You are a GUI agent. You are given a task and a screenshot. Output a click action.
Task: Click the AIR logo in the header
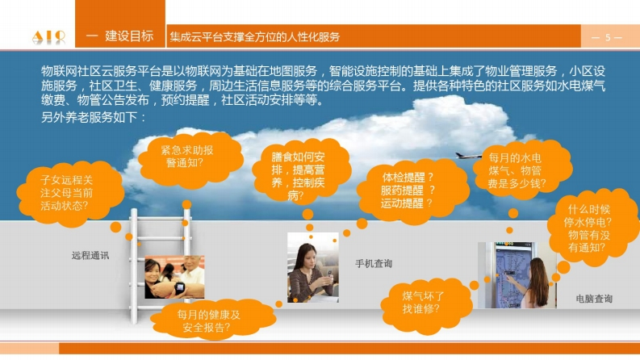(x=48, y=37)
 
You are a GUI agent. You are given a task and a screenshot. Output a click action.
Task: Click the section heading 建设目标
(x=129, y=36)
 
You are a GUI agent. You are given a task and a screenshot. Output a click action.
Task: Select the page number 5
(x=608, y=38)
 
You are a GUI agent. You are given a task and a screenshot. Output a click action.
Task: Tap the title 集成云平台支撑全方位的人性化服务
(x=255, y=37)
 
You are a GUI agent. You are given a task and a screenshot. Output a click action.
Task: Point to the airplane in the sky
(x=468, y=156)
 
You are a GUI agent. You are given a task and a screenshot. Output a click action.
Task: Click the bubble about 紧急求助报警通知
(x=190, y=159)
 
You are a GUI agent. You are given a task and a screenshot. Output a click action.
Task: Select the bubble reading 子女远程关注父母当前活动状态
(x=70, y=194)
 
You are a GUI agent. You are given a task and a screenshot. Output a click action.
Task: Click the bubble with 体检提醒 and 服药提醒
(x=412, y=191)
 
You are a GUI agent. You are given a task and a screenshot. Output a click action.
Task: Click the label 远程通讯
(x=90, y=256)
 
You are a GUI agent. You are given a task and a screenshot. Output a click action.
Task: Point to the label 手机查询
(x=374, y=264)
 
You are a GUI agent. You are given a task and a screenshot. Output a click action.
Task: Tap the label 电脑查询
(x=594, y=299)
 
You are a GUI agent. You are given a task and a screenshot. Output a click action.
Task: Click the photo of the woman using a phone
(x=313, y=267)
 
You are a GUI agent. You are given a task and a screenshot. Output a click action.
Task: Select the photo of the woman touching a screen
(x=517, y=274)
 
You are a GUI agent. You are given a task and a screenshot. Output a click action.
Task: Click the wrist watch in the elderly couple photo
(x=180, y=287)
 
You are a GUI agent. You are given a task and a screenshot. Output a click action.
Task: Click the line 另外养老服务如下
(x=94, y=118)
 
